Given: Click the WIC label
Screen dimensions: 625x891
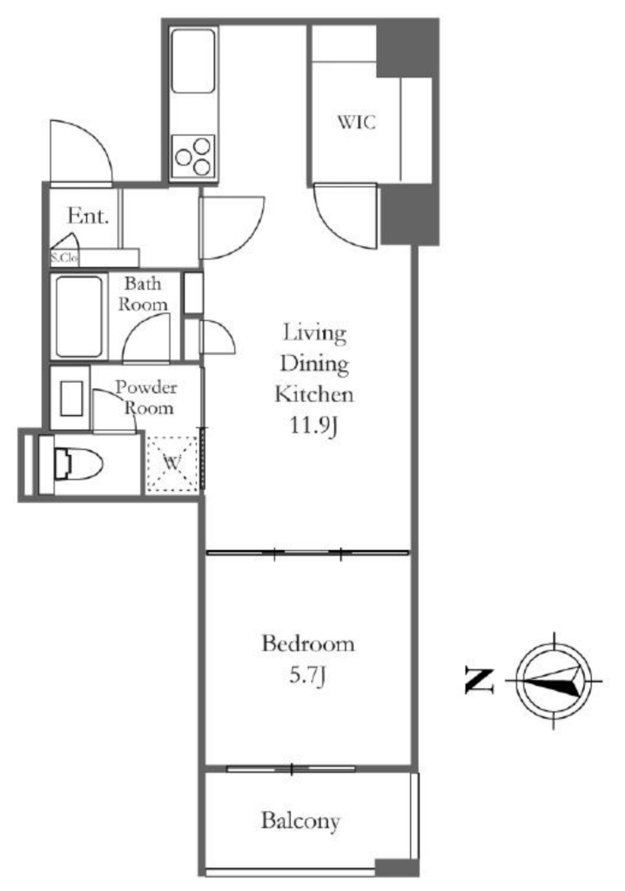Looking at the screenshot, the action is tap(357, 122).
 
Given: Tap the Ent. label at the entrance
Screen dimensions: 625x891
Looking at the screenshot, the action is tap(88, 216).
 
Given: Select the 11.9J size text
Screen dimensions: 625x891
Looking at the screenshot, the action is tap(314, 425).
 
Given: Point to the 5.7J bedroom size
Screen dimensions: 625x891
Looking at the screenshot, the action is tap(307, 675).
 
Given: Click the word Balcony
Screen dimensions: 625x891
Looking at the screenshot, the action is tap(300, 821).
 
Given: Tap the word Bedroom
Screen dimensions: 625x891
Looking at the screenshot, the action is tap(307, 644).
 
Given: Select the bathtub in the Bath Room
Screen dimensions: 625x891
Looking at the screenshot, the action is tap(79, 316).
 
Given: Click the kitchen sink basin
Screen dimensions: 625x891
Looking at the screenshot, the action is tap(193, 61).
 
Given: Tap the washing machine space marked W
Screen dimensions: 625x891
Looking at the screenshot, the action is tap(172, 464).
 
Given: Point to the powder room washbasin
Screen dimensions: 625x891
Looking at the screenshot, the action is tap(71, 399).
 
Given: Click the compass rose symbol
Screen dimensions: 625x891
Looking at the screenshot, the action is tap(554, 680).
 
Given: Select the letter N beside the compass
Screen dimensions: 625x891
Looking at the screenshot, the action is tap(479, 680).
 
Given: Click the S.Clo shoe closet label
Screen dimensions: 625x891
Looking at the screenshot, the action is tap(64, 258).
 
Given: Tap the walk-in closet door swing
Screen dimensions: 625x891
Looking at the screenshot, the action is tap(346, 216).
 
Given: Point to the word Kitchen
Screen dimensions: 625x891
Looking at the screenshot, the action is tap(314, 394).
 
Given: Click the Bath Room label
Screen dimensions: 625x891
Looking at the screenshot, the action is tap(143, 294).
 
